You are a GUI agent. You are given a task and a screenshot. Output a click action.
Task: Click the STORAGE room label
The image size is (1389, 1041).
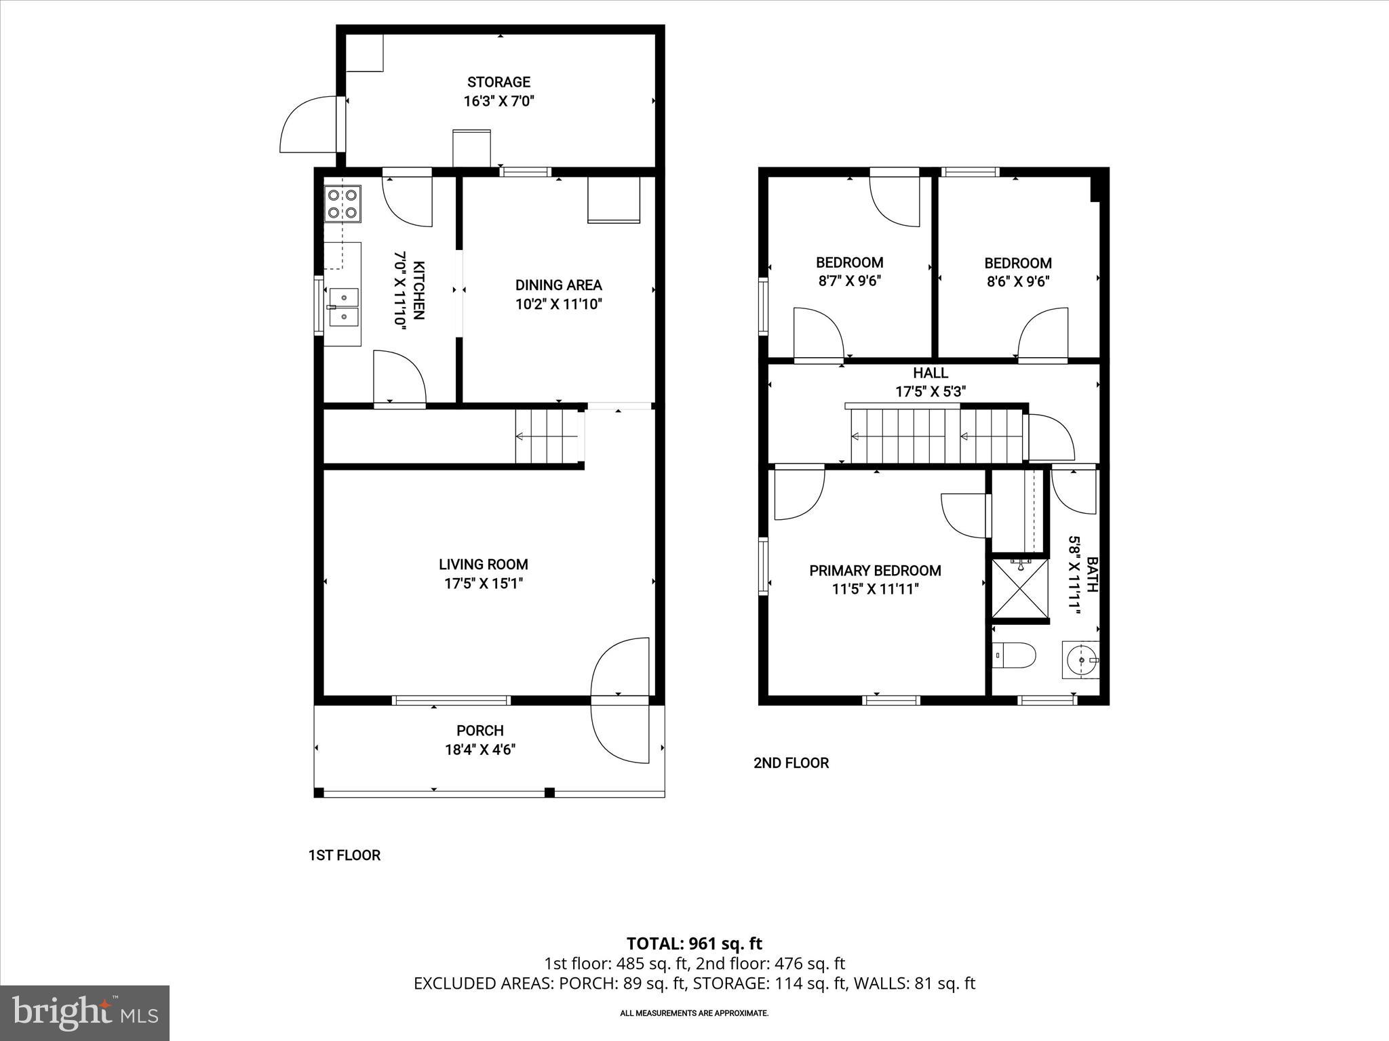click(x=498, y=82)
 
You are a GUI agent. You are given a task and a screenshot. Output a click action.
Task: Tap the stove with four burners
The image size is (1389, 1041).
click(x=343, y=203)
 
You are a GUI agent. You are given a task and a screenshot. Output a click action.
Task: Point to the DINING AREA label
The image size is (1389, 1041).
click(x=558, y=285)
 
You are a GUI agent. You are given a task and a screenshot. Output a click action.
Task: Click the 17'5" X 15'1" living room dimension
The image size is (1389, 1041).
click(x=484, y=583)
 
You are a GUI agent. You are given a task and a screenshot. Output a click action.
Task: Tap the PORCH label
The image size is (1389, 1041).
click(x=480, y=731)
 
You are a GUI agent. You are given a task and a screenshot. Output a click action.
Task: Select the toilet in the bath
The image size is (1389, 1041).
click(x=1015, y=655)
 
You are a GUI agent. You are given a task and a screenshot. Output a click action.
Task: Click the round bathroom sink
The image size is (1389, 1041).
click(x=1079, y=658)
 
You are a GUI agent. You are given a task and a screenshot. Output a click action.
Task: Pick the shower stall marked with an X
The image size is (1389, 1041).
click(x=1020, y=588)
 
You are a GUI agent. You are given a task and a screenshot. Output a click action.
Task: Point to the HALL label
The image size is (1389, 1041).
click(x=931, y=373)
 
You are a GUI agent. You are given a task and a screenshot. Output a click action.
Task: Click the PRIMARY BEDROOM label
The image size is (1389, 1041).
click(x=875, y=571)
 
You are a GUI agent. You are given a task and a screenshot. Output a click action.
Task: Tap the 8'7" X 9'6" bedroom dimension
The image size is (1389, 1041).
click(x=849, y=281)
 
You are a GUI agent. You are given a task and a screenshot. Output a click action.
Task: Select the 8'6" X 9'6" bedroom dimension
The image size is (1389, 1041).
click(x=1018, y=282)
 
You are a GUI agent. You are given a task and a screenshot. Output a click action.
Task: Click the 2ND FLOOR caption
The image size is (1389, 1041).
click(x=791, y=763)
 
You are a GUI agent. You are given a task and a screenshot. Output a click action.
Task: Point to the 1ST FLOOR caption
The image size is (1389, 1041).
click(x=344, y=855)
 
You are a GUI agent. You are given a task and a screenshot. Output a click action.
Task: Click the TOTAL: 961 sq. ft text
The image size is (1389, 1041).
click(x=694, y=943)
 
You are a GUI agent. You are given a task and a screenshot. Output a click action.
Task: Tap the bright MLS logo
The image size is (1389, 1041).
click(x=85, y=1013)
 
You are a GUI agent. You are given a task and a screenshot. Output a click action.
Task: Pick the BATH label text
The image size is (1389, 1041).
click(x=1091, y=574)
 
